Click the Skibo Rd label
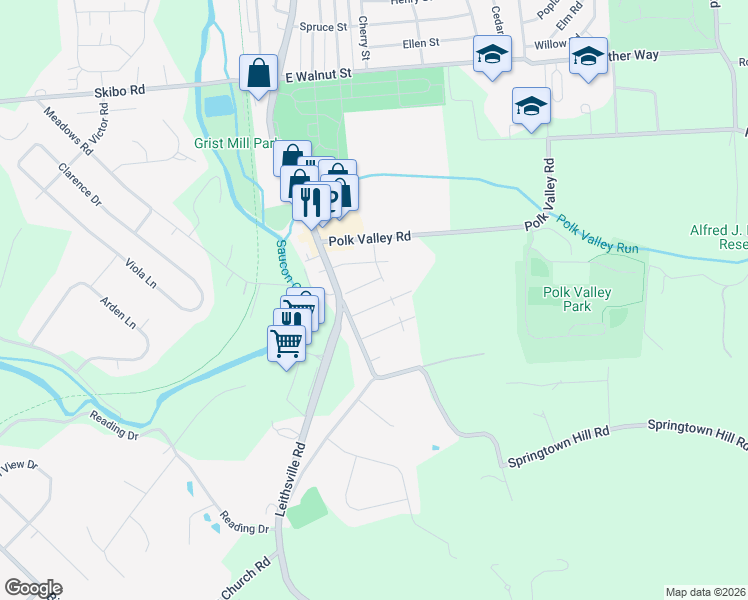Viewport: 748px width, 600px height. pyautogui.click(x=120, y=89)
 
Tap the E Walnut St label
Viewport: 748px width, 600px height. pyautogui.click(x=319, y=73)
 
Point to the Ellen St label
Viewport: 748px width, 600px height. pyautogui.click(x=420, y=43)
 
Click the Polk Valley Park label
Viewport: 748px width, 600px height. pyautogui.click(x=576, y=299)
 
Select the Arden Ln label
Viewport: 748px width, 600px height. pyautogui.click(x=117, y=312)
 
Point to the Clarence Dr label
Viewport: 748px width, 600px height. pyautogui.click(x=80, y=185)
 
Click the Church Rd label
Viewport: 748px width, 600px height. pyautogui.click(x=245, y=577)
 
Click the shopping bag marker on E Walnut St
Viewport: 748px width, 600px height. pyautogui.click(x=258, y=73)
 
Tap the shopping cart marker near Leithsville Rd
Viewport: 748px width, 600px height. pyautogui.click(x=287, y=343)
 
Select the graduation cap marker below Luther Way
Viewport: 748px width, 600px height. pyautogui.click(x=531, y=105)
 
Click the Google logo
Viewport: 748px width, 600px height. pyautogui.click(x=32, y=588)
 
